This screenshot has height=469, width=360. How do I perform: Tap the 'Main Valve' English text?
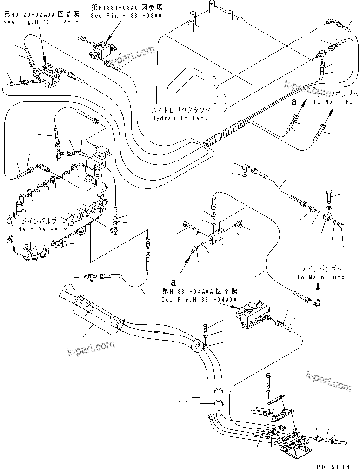tap(38, 229)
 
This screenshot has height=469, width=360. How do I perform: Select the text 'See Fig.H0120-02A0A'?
tap(40, 22)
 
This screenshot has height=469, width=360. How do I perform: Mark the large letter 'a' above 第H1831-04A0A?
tap(173, 281)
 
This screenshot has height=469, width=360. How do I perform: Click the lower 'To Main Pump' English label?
tap(321, 277)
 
